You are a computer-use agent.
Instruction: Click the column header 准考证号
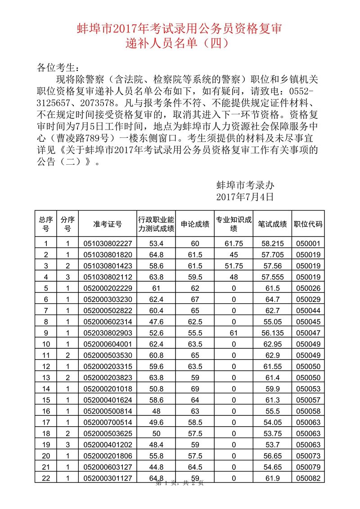pos(108,224)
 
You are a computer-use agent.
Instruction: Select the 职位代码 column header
pos(308,224)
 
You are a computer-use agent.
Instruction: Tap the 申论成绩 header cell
pos(195,224)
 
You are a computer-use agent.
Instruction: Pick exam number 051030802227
pos(108,244)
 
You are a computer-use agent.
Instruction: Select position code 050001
pos(308,244)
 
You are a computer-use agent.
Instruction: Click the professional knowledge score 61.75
pos(234,244)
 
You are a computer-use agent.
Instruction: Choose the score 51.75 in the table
pos(234,266)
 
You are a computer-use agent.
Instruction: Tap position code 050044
pos(308,311)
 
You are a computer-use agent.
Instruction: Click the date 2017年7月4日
pos(245,197)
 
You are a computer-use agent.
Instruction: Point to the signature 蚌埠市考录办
pos(245,185)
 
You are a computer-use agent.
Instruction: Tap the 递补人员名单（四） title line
pos(180,44)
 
